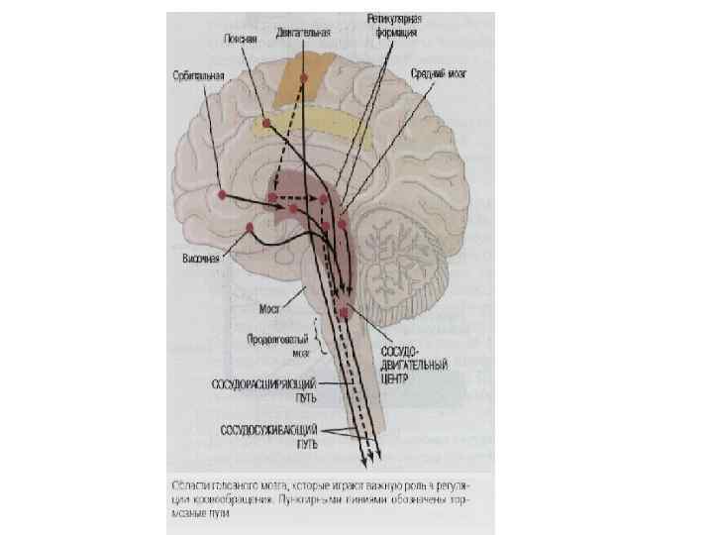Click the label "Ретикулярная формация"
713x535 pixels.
[392, 25]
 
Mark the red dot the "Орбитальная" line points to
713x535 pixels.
[223, 194]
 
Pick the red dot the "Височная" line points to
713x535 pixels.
[251, 227]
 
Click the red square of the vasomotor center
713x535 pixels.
[344, 312]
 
